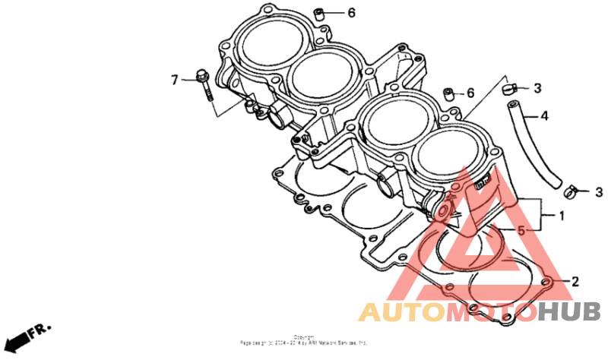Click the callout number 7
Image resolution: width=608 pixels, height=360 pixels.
174,79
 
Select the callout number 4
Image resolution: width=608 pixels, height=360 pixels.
544,116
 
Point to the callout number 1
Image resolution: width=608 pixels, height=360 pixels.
562,216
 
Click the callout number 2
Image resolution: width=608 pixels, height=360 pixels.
575,282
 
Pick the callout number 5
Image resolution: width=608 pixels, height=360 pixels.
521,229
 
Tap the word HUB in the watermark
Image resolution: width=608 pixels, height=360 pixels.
569,311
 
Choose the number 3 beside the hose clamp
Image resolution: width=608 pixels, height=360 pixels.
598,191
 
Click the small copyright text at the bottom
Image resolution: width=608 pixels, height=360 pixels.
304,340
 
